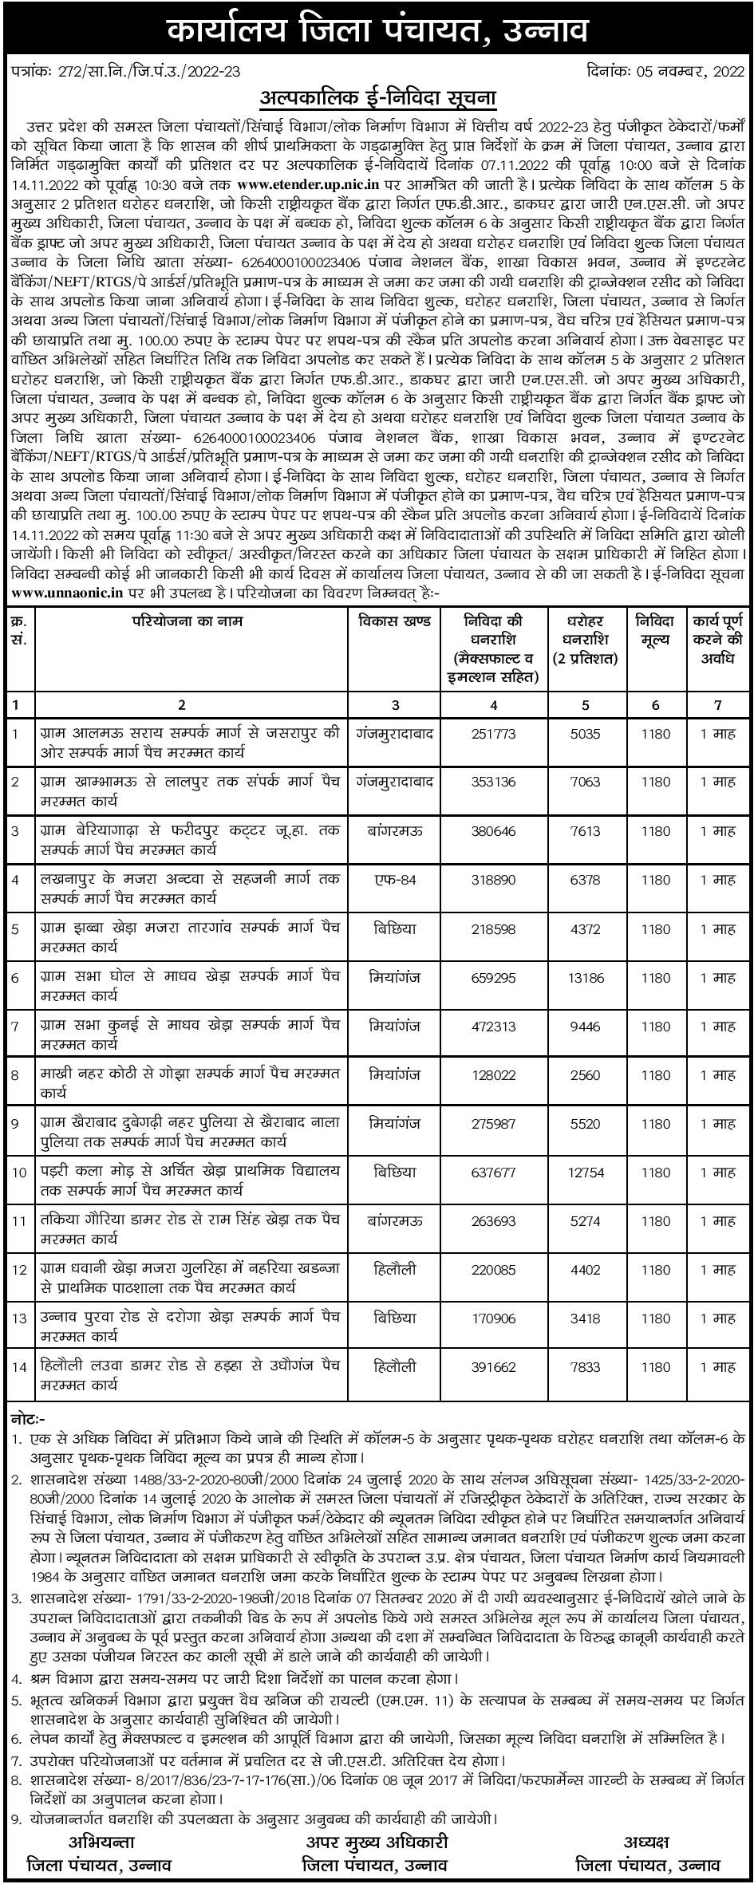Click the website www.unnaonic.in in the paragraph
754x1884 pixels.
click(65, 593)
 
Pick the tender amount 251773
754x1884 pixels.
click(494, 733)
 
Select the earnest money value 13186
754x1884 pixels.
click(586, 978)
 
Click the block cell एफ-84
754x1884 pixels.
click(396, 880)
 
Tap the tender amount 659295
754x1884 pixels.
click(494, 978)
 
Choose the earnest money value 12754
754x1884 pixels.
click(586, 1173)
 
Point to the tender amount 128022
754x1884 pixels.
click(494, 1075)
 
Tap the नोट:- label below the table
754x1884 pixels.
click(30, 1420)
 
